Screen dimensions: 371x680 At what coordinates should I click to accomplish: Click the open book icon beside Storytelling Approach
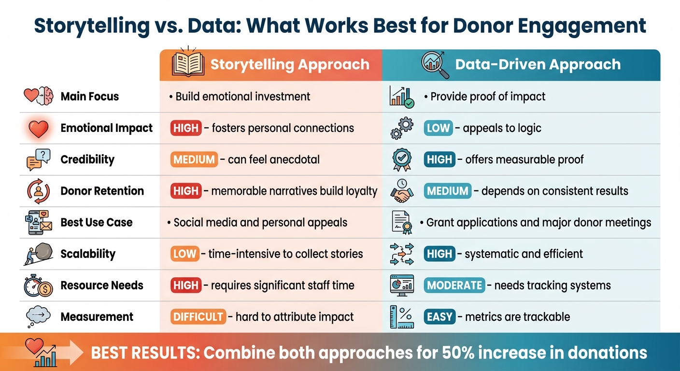(x=188, y=65)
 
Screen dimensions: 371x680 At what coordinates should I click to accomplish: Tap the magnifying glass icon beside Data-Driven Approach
(x=435, y=65)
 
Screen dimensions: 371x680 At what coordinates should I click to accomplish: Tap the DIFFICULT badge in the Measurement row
(x=198, y=317)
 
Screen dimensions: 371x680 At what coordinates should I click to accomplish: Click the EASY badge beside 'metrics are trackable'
(x=439, y=317)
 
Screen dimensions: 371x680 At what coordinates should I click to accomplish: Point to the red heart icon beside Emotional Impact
(x=39, y=128)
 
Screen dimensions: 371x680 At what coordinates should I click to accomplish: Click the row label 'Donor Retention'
(x=102, y=191)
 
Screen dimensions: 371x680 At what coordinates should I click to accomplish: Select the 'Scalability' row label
(x=88, y=254)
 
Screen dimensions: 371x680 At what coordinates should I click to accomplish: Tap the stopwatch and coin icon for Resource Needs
(x=38, y=285)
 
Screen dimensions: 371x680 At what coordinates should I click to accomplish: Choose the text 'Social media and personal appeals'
(x=260, y=223)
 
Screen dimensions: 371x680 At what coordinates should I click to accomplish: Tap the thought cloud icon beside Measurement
(x=39, y=316)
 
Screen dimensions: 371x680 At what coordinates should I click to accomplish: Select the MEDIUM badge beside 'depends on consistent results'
(x=447, y=191)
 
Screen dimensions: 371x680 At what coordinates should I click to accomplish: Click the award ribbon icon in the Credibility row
(x=401, y=159)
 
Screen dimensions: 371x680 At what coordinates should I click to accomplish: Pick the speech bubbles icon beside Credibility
(x=38, y=159)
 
